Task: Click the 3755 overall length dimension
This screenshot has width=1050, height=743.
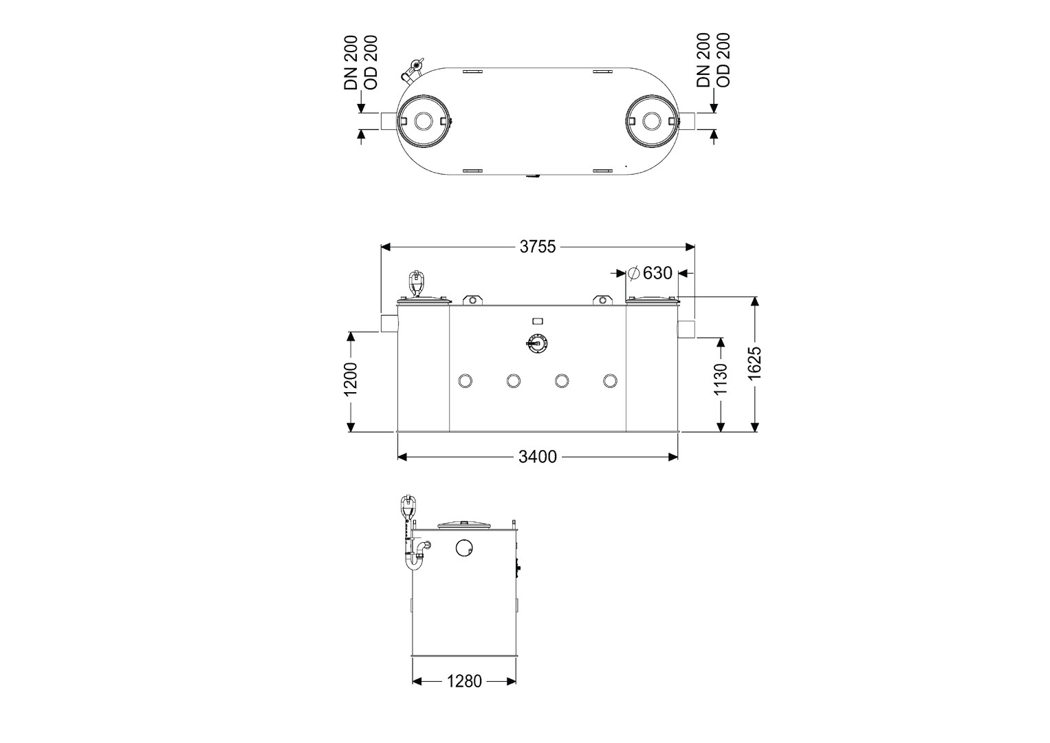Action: (x=537, y=247)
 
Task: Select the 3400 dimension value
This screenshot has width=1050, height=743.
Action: (x=537, y=456)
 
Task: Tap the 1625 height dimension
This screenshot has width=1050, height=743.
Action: (x=754, y=363)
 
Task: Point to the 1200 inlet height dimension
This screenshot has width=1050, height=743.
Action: (x=351, y=379)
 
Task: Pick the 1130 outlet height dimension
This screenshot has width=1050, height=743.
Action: (x=721, y=379)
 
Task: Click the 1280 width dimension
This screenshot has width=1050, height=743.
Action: (x=464, y=681)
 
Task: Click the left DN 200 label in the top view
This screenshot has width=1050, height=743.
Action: (x=351, y=63)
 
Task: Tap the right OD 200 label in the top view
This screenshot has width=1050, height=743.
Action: (x=723, y=60)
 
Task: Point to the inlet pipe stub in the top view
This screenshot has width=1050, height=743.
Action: (x=389, y=121)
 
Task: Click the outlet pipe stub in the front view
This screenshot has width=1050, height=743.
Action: (x=686, y=328)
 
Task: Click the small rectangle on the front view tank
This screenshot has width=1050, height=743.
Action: (x=538, y=321)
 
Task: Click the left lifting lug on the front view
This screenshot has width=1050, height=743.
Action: (x=472, y=300)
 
